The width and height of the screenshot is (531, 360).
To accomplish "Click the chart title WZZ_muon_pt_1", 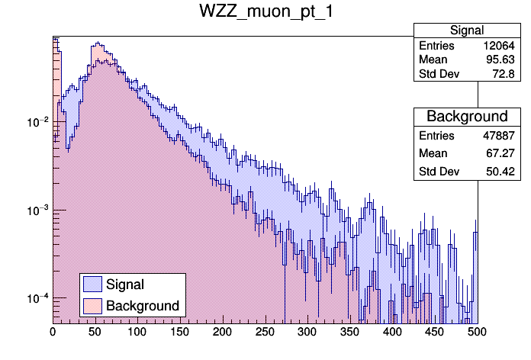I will tap(265, 12).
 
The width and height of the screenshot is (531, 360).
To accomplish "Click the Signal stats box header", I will tap(466, 31).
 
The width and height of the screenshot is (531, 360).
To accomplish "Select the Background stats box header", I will tap(466, 117).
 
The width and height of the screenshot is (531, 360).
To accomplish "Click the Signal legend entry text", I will tap(125, 284).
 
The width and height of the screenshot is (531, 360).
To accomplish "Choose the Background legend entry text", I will tap(143, 306).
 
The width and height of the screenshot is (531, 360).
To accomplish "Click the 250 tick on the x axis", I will tap(265, 333).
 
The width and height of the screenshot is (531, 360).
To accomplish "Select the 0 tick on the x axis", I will tap(53, 333).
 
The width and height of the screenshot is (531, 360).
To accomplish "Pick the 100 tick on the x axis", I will tap(137, 333).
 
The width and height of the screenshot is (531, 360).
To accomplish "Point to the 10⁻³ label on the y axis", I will tap(37, 210).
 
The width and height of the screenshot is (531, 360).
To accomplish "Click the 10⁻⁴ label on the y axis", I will tap(37, 297).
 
